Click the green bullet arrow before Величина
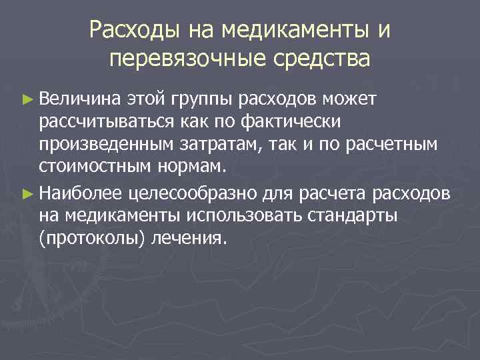point(27,100)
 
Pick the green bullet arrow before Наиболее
point(27,194)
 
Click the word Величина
point(79,99)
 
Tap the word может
point(351,99)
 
